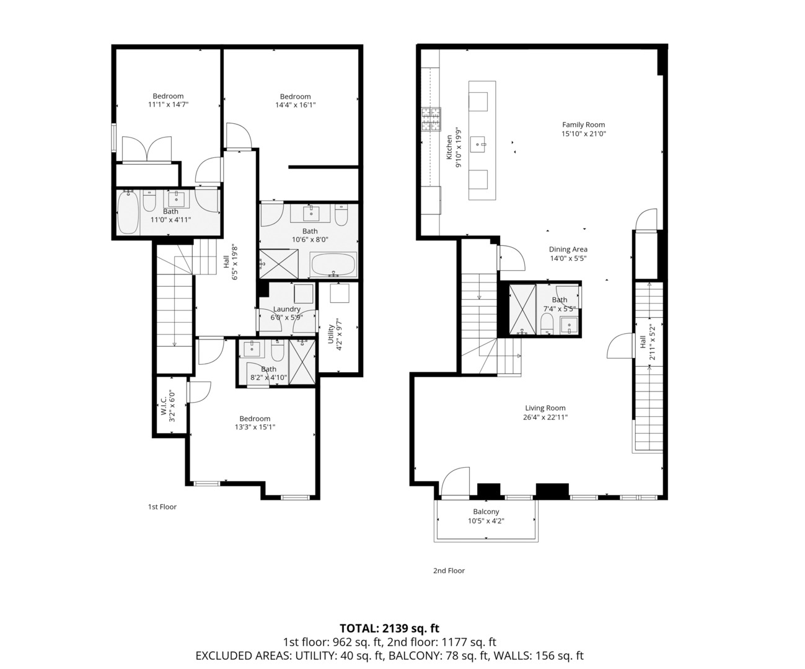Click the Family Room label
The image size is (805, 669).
(x=583, y=125)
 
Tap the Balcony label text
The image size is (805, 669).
(x=486, y=512)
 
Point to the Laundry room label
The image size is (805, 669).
(x=286, y=309)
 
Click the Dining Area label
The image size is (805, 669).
(x=568, y=250)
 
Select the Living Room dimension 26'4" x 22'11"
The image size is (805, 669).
(x=545, y=417)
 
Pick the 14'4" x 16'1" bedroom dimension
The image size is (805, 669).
(x=295, y=105)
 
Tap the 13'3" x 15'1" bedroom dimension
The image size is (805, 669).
(x=255, y=427)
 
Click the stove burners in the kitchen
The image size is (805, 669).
(x=432, y=120)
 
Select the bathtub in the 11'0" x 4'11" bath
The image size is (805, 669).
(x=128, y=212)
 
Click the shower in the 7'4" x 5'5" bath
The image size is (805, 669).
(x=522, y=308)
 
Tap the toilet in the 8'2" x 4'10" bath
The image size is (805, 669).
(x=277, y=351)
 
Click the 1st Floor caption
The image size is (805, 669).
(x=162, y=507)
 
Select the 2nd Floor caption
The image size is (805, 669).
(x=449, y=571)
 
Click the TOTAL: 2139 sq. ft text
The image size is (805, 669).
(x=389, y=628)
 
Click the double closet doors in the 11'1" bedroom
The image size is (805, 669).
(x=146, y=149)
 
